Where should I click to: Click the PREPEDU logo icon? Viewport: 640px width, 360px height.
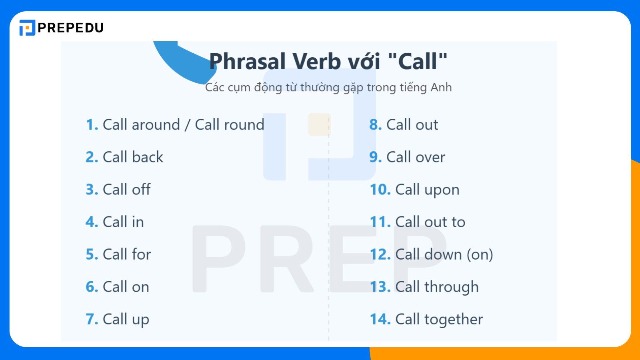[27, 28]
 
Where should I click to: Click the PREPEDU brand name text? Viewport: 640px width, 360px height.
[70, 28]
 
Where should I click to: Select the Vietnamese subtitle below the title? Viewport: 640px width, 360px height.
[328, 87]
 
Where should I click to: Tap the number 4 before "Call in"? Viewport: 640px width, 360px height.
[92, 222]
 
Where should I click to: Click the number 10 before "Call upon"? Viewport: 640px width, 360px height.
[380, 190]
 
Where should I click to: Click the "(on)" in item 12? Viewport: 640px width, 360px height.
[480, 254]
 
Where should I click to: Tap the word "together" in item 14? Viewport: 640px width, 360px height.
[454, 319]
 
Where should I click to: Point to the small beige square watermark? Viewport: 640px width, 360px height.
[319, 124]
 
